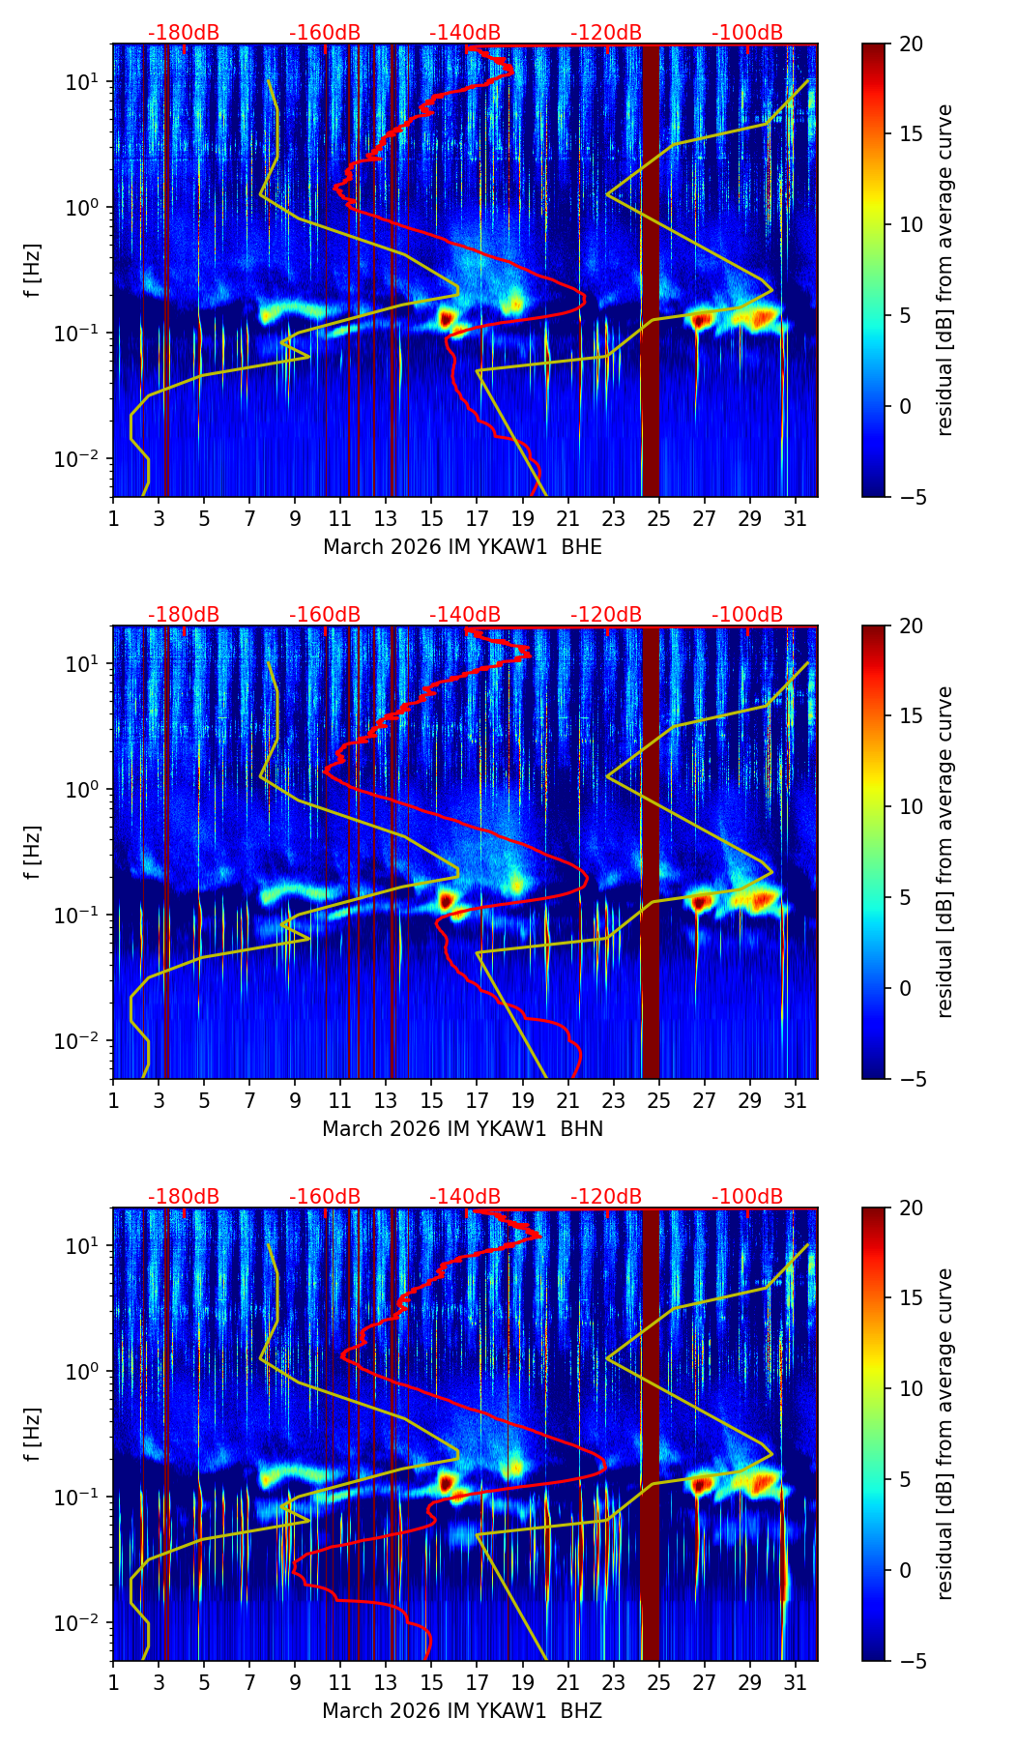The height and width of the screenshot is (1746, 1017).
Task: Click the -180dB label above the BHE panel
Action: click(184, 33)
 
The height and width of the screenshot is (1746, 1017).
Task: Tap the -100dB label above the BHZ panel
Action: click(747, 1197)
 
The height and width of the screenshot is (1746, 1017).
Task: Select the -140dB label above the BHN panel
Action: click(465, 615)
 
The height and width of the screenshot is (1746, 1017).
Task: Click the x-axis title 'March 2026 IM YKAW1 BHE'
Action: click(462, 547)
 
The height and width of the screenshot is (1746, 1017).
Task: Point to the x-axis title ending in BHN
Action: click(462, 1129)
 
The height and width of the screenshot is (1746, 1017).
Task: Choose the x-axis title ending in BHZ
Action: click(462, 1711)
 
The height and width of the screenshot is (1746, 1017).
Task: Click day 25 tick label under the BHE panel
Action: click(659, 519)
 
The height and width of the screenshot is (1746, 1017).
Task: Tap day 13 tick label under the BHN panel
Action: click(386, 1101)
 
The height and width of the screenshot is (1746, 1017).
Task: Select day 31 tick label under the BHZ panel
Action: click(796, 1683)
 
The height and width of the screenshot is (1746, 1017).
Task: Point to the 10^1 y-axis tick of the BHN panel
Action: click(79, 664)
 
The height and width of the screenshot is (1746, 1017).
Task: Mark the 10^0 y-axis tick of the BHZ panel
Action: click(79, 1372)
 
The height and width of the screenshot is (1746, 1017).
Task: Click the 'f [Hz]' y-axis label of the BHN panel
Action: click(33, 852)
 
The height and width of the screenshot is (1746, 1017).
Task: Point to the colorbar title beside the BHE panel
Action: click(945, 270)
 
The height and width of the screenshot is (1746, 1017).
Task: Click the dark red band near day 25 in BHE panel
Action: click(650, 271)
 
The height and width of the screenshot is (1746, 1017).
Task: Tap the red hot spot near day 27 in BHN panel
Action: click(701, 903)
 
